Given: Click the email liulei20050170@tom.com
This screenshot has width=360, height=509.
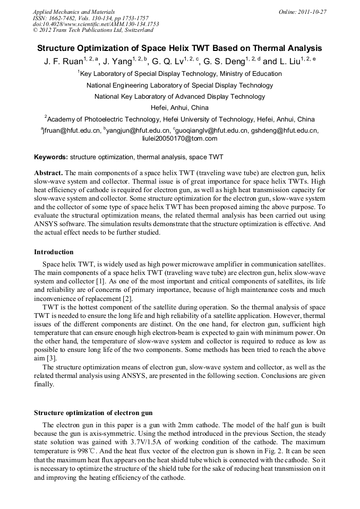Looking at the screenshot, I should tap(179, 139).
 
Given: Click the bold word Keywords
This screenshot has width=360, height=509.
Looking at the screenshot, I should tap(50, 157).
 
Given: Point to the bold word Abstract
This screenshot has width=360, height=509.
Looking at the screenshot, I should tap(48, 174).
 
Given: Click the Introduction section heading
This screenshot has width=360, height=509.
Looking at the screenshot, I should tap(54, 252).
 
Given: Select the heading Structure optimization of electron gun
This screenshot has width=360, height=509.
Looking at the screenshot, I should tap(93, 412).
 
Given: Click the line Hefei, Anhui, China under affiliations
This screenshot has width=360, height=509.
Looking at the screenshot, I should tap(179, 108).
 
